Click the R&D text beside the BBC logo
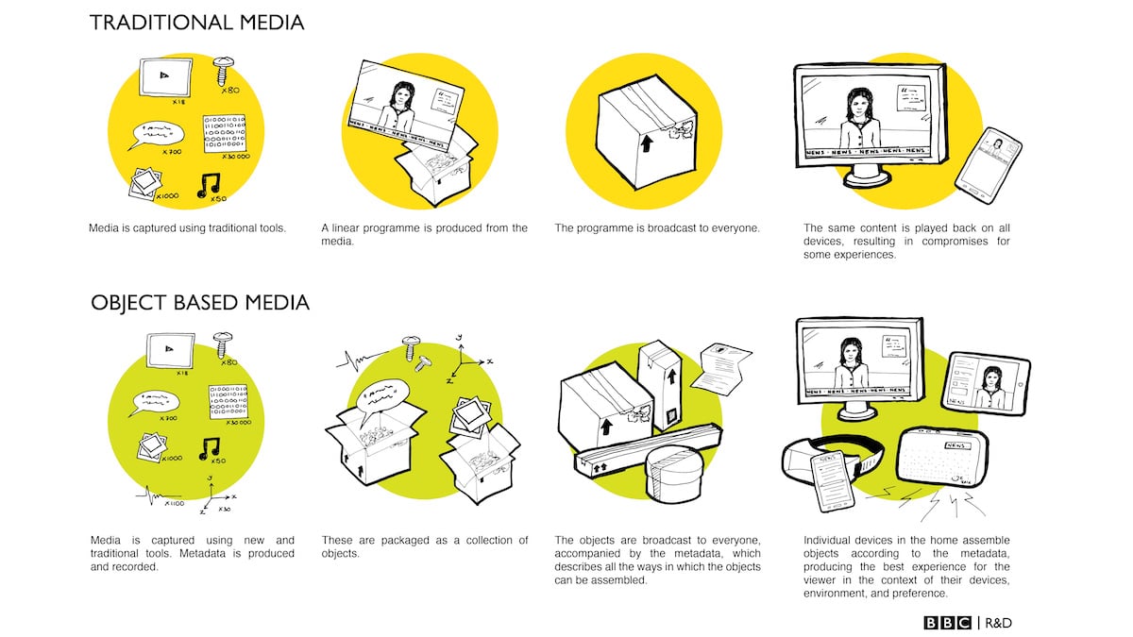click(997, 622)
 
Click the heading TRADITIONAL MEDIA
click(196, 23)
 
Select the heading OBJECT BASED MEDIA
click(199, 303)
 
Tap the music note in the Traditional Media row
click(210, 187)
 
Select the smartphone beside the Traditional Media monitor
click(989, 166)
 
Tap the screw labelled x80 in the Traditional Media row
click(225, 71)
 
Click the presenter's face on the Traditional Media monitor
click(860, 101)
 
